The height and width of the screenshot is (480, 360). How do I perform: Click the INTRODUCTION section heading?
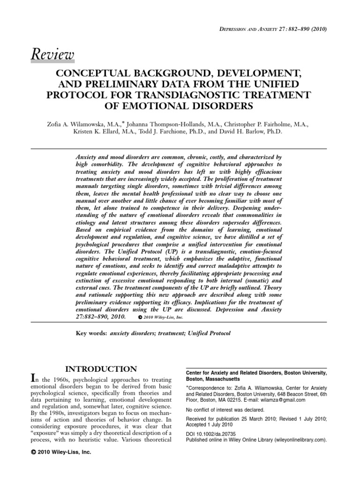[100, 369]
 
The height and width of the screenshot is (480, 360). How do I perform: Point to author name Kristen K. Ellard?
[101, 132]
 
